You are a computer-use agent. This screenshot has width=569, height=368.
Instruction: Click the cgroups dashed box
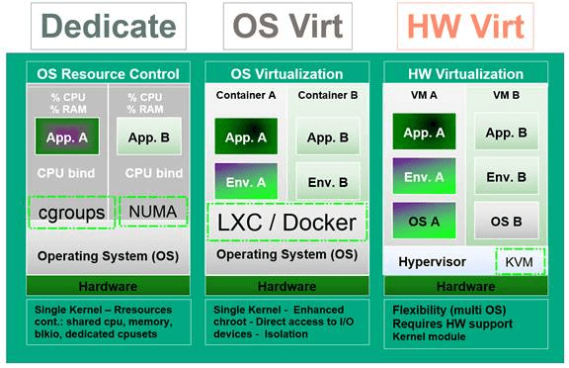(x=70, y=213)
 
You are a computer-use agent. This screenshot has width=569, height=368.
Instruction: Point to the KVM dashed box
(x=519, y=260)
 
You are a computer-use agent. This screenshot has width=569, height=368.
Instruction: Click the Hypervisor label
(x=431, y=261)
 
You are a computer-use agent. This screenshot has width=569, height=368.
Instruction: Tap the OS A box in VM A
(x=423, y=220)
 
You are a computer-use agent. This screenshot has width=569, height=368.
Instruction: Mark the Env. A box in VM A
(x=423, y=176)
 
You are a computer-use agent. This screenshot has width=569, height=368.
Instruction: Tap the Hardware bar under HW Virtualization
(x=466, y=287)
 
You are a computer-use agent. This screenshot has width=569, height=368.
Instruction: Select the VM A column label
(x=423, y=95)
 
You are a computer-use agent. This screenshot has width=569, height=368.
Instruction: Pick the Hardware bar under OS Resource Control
(x=108, y=287)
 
